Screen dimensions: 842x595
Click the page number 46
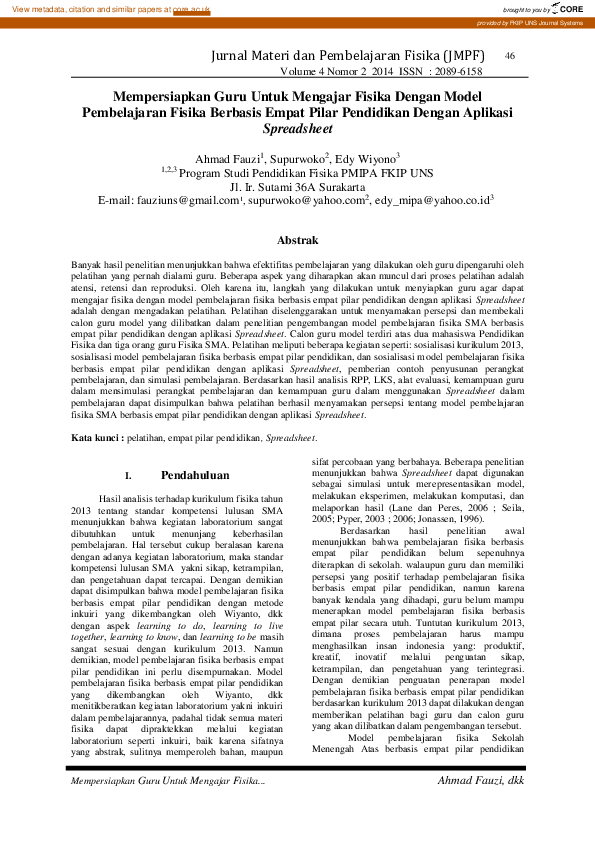[x=510, y=56]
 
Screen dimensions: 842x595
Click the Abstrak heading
[x=297, y=241]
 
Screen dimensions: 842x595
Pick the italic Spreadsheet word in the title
[x=297, y=129]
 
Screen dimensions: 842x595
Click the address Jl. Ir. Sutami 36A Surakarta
[x=297, y=186]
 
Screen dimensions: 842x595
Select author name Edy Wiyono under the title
[x=370, y=157]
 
